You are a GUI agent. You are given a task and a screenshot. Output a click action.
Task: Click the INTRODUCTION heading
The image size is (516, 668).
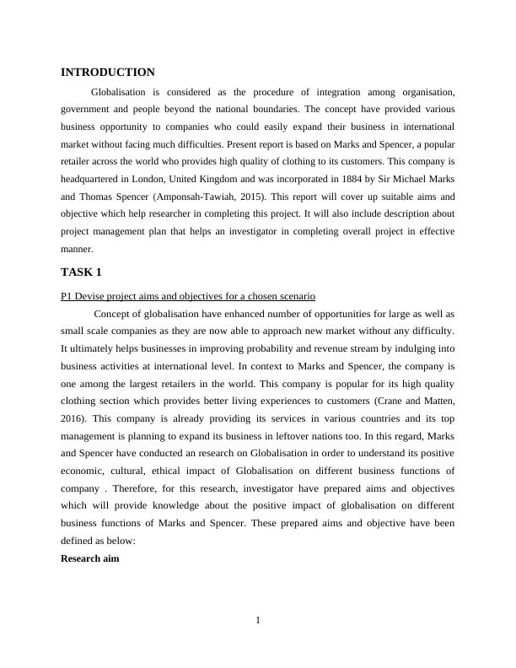[x=108, y=73]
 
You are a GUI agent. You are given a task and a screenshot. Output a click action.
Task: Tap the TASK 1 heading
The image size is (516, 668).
[x=81, y=272]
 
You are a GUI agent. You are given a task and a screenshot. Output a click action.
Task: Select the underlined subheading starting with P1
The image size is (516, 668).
[x=188, y=296]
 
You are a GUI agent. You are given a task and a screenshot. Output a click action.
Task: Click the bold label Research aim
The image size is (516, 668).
[x=90, y=558]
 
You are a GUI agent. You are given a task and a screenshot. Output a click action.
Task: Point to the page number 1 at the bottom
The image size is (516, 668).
[x=258, y=622]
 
